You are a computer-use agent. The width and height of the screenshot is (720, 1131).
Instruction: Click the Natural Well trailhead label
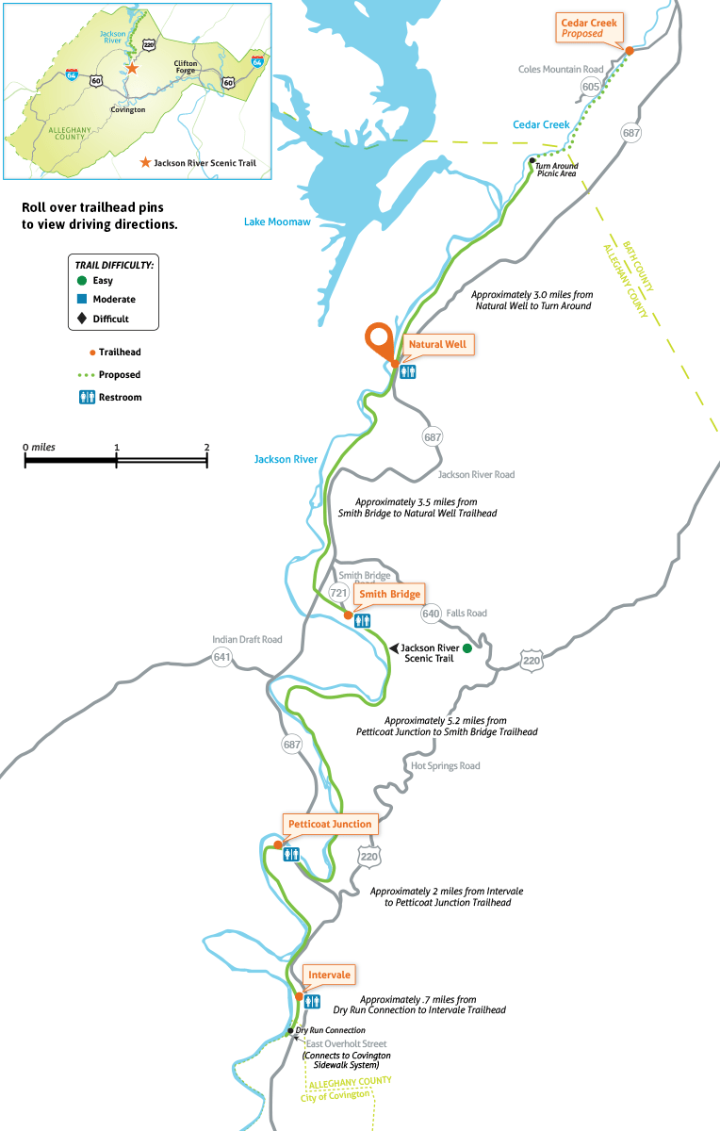click(x=437, y=345)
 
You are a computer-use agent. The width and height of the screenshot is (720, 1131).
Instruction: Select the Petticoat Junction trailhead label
click(x=330, y=824)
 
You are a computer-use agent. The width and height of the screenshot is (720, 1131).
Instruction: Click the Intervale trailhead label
click(x=328, y=975)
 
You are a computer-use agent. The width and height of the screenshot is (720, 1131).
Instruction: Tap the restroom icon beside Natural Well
click(x=408, y=371)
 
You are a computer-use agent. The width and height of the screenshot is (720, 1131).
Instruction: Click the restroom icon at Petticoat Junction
click(x=292, y=854)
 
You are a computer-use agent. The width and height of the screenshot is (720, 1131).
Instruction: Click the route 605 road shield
click(x=591, y=87)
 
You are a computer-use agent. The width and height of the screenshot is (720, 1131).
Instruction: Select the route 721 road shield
click(x=339, y=593)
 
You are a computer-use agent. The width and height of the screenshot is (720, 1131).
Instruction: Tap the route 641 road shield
click(x=221, y=657)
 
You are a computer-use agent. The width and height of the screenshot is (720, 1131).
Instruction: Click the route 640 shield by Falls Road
click(x=432, y=614)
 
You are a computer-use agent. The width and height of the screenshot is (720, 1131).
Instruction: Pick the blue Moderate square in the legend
click(x=83, y=299)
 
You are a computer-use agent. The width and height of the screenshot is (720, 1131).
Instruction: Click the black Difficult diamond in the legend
click(x=83, y=319)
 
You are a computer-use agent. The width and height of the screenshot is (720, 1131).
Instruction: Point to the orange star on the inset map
click(x=132, y=68)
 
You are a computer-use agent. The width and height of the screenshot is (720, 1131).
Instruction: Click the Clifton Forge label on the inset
click(x=185, y=68)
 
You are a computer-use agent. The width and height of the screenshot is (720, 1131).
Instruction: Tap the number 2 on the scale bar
click(x=206, y=447)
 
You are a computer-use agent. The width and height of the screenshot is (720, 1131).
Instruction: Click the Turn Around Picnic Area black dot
click(x=532, y=160)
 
